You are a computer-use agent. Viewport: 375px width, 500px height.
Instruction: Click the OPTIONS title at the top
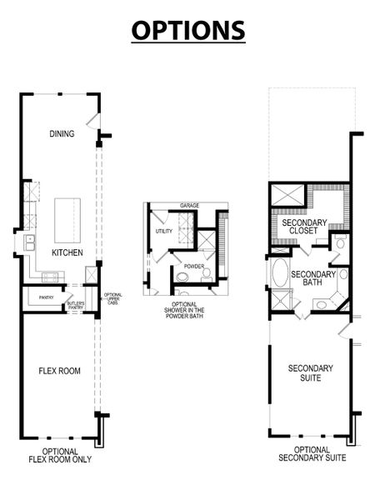pyautogui.click(x=187, y=29)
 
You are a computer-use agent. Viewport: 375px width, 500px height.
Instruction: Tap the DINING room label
pyautogui.click(x=62, y=133)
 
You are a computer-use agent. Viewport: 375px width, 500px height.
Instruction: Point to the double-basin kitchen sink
pyautogui.click(x=29, y=243)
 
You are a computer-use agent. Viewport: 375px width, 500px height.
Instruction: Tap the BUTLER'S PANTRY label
pyautogui.click(x=76, y=305)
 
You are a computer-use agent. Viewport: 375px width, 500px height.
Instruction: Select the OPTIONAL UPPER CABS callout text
pyautogui.click(x=112, y=298)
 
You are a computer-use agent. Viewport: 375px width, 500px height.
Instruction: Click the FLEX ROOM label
pyautogui.click(x=60, y=371)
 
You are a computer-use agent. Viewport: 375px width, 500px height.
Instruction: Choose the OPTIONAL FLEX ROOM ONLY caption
pyautogui.click(x=59, y=454)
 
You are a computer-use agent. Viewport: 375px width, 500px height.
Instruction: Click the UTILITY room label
pyautogui.click(x=163, y=231)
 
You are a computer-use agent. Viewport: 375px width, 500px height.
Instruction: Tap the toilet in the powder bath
pyautogui.click(x=182, y=278)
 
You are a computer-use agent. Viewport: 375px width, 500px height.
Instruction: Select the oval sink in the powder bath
pyautogui.click(x=206, y=272)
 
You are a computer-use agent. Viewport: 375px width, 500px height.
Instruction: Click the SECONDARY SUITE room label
pyautogui.click(x=311, y=372)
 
